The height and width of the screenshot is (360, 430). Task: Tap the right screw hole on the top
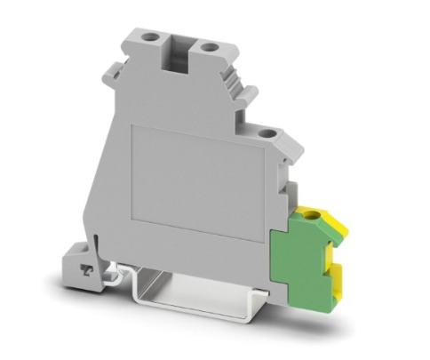[x=211, y=44]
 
